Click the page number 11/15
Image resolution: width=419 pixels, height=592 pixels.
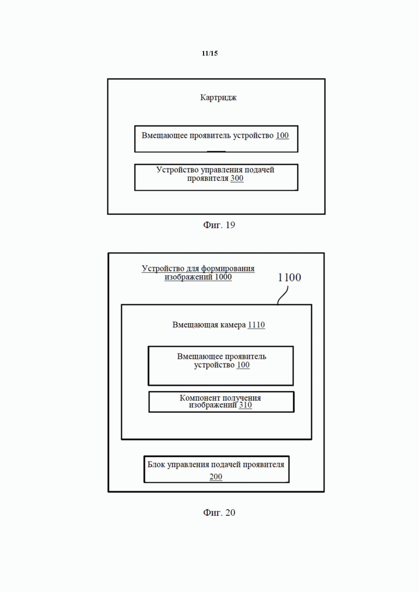pos(209,53)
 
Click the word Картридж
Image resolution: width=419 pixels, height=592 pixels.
pos(219,98)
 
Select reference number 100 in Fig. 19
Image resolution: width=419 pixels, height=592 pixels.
pos(282,136)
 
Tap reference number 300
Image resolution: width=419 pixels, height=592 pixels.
pos(237,178)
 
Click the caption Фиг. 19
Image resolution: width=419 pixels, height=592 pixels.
pos(219,225)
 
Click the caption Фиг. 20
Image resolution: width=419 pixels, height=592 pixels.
pos(219,513)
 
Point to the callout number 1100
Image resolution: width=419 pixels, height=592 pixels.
pos(290,277)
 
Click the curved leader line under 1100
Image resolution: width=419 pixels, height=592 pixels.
pos(283,296)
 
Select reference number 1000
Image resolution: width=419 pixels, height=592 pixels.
pos(223,277)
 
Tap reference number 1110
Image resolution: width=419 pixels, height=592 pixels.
pos(256,325)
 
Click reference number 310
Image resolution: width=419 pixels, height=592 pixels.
pos(245,405)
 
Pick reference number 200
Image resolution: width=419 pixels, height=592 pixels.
pos(216,477)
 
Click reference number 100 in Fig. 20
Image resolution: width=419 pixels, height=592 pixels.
pos(243,365)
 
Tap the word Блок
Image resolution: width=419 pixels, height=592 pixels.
pos(156,465)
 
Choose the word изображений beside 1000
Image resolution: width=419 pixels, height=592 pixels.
pos(189,277)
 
